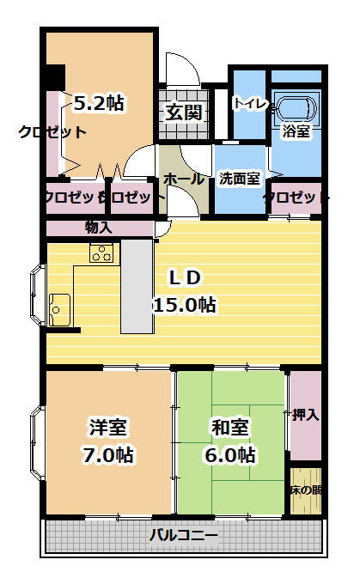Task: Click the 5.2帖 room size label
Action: pos(99,103)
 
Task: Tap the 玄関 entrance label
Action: pos(184,113)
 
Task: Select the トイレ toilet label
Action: pos(251,103)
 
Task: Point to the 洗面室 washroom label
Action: pos(239,179)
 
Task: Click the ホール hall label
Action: pos(184,179)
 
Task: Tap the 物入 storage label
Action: pos(99,228)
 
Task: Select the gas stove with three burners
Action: pos(101,252)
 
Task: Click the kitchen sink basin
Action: pos(59,309)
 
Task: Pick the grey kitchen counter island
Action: pos(137,286)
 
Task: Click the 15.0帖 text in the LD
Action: pos(185,305)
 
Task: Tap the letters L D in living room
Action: pos(185,278)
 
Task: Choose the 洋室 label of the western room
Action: pos(107,427)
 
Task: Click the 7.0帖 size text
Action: pos(107,455)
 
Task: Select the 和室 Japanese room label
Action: pos(230,427)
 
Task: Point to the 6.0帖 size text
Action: pos(230,455)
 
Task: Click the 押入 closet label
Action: pos(306,414)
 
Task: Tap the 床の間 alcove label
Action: pos(307,490)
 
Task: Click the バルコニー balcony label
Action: pos(183,536)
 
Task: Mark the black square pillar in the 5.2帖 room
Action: pos(55,76)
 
